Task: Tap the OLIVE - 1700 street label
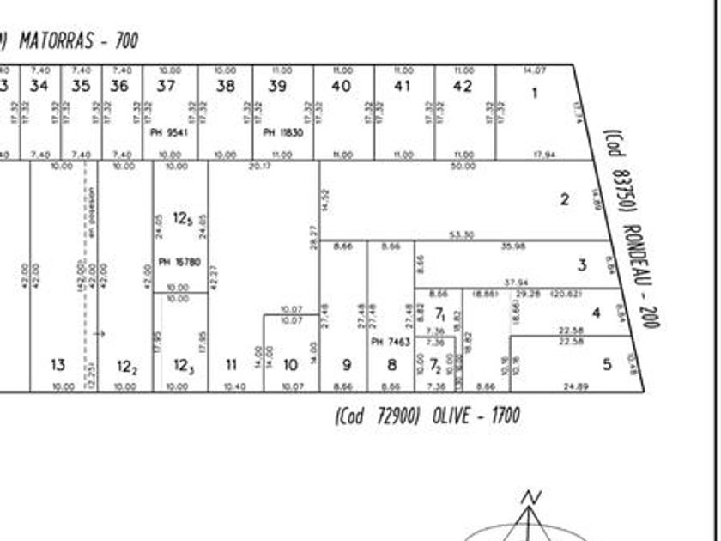point(427,416)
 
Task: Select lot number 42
point(463,86)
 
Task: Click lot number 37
point(166,86)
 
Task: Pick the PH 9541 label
point(168,132)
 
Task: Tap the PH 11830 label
point(282,132)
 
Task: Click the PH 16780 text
point(179,262)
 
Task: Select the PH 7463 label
point(391,342)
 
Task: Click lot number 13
point(58,365)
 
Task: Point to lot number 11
point(231,365)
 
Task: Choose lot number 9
point(347,365)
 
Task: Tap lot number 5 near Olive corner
point(607,364)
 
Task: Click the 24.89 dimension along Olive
point(576,387)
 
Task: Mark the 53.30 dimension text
point(462,235)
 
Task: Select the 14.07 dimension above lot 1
point(534,70)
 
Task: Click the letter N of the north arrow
point(533,497)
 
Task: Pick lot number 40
point(341,86)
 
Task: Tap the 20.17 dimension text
point(259,166)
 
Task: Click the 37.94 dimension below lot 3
point(516,283)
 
